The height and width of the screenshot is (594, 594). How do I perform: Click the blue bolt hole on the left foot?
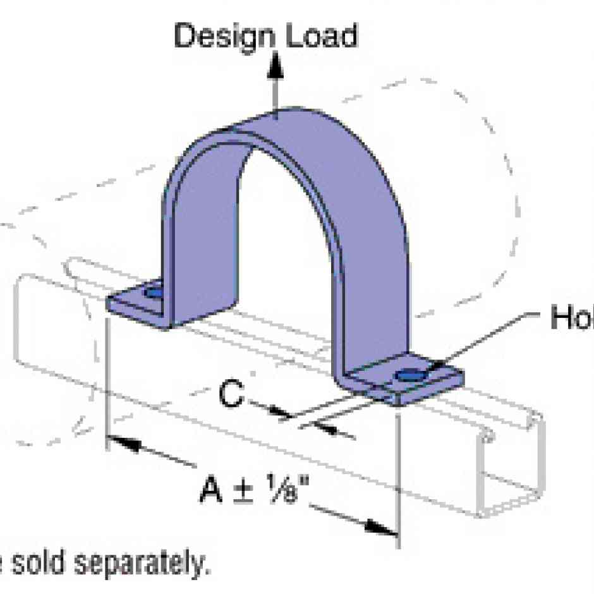tap(153, 294)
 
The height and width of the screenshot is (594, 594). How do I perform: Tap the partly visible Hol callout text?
tap(571, 318)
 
